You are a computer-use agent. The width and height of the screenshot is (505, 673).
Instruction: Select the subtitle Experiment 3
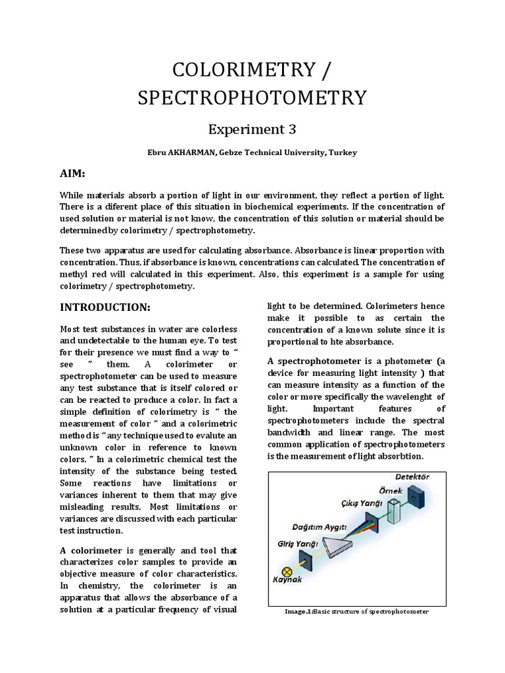pyautogui.click(x=252, y=129)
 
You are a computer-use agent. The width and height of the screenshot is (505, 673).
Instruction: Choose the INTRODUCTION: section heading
pyautogui.click(x=105, y=307)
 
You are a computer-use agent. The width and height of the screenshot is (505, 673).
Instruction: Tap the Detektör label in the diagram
pyautogui.click(x=412, y=476)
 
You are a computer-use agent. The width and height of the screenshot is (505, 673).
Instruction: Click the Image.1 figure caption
pyautogui.click(x=356, y=611)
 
